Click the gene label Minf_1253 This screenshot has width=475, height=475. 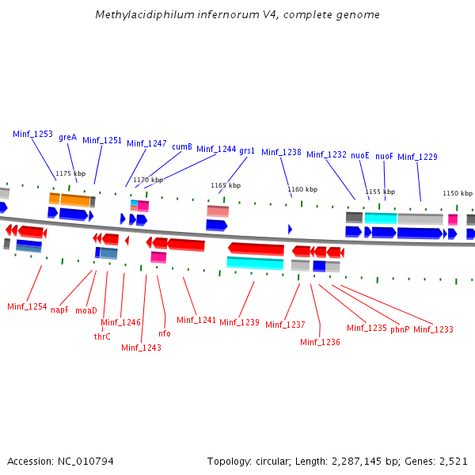point(32,135)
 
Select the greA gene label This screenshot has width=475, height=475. point(67,138)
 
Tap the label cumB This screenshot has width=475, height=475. point(182,146)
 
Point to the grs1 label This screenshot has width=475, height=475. point(247,150)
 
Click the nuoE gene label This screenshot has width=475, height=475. point(360,156)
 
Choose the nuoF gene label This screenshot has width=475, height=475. point(384,157)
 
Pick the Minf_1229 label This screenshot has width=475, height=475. point(417,158)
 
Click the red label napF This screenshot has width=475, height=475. point(59,310)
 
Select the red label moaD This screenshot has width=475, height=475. point(86,310)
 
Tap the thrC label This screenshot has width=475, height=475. point(102,336)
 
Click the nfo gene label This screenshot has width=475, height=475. point(165,333)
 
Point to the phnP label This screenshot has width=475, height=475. point(400,329)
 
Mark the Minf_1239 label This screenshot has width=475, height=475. point(239,322)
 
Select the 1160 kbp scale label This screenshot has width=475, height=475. point(302,189)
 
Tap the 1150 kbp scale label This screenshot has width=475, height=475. point(458,193)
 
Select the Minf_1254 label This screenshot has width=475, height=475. point(27,306)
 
